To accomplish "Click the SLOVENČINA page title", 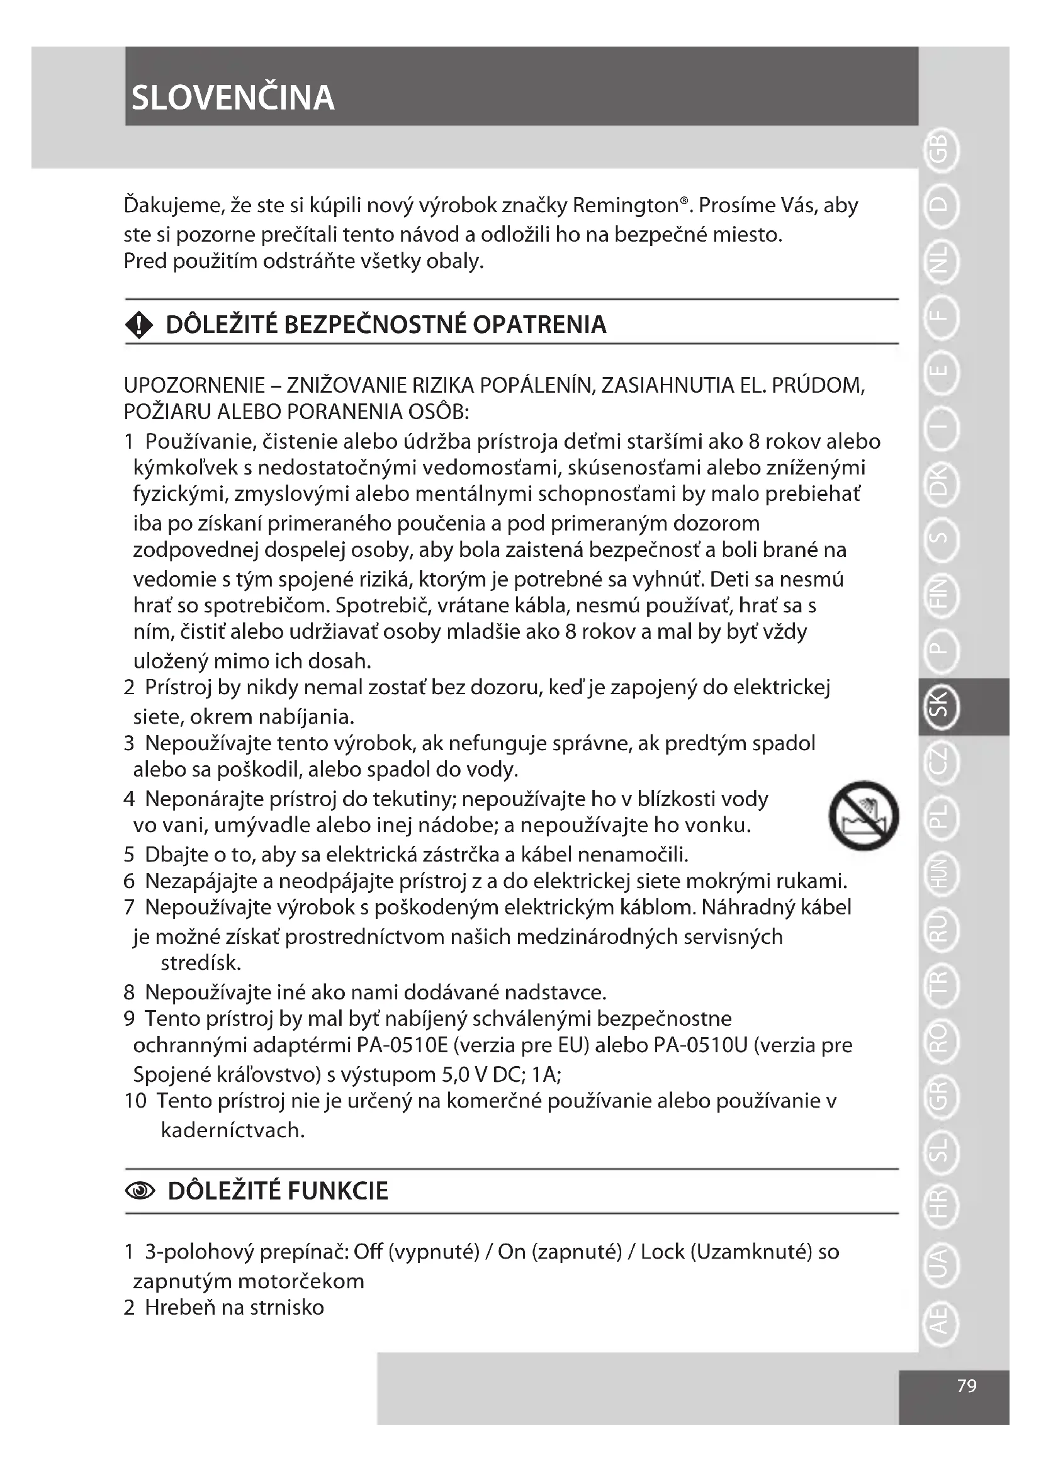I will [233, 98].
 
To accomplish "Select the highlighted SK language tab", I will [939, 706].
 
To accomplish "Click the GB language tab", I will [939, 150].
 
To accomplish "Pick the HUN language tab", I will [939, 874].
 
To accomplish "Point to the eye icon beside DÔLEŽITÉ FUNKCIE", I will [140, 1191].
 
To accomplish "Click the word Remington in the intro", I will [626, 206].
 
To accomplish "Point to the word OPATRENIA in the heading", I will [539, 325].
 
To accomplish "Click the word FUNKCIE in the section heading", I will [338, 1191].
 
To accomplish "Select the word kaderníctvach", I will [233, 1130].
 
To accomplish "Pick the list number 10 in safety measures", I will [135, 1101].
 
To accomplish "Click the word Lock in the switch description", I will [663, 1252].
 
